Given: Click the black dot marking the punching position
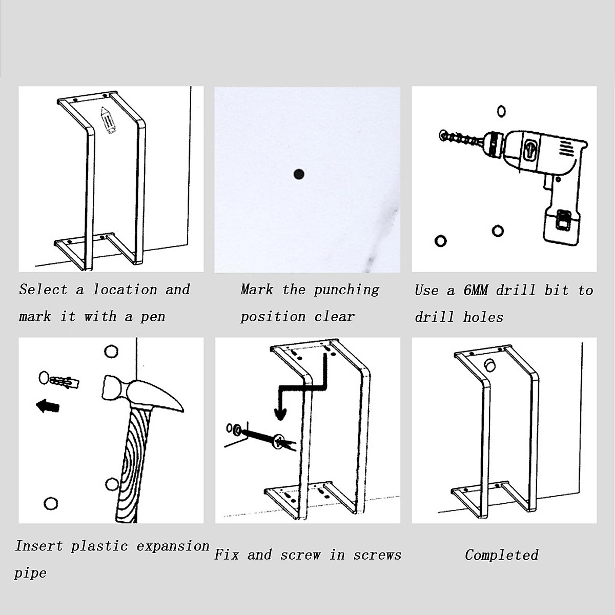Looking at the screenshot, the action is pyautogui.click(x=299, y=174).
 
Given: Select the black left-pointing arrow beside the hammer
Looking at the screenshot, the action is pyautogui.click(x=48, y=407).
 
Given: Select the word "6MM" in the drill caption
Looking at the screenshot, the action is pyautogui.click(x=476, y=291).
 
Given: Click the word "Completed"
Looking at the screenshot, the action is pyautogui.click(x=501, y=555).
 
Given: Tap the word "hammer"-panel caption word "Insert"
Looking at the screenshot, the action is pyautogui.click(x=38, y=546).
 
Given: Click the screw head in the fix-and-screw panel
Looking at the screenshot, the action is pyautogui.click(x=279, y=441).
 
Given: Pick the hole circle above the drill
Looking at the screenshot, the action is pyautogui.click(x=502, y=111).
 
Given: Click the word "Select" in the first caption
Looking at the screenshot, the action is pyautogui.click(x=44, y=290).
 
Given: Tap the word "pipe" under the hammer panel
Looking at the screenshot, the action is pyautogui.click(x=31, y=573).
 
